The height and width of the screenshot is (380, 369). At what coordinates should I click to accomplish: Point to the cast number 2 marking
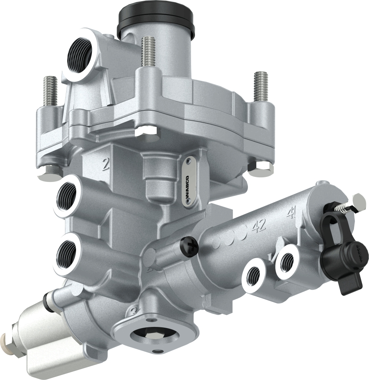coord(105,165)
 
